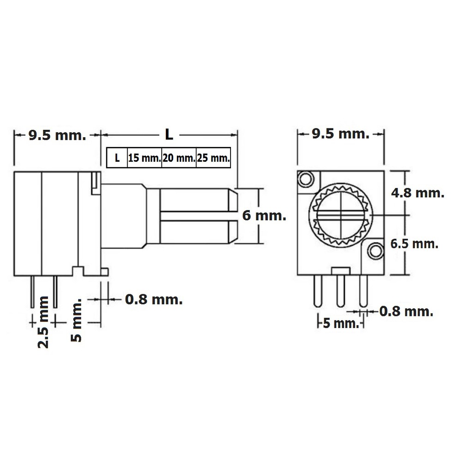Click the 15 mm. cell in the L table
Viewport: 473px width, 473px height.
click(145, 158)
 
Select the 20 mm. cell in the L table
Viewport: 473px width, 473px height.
click(179, 158)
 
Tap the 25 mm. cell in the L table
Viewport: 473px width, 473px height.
click(213, 158)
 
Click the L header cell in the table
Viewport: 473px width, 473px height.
click(117, 158)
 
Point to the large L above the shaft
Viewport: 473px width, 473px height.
click(169, 134)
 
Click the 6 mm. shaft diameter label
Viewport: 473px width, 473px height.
click(264, 216)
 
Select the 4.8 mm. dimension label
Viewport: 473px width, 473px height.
click(418, 193)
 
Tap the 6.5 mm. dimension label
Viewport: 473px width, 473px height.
click(414, 244)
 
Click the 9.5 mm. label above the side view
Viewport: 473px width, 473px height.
click(57, 135)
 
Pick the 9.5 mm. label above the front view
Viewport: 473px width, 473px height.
click(340, 133)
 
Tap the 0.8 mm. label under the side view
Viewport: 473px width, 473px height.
click(154, 299)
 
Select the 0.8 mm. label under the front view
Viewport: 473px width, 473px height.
click(406, 311)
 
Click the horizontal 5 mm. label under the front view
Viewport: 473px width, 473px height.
click(341, 323)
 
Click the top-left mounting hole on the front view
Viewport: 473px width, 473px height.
click(306, 179)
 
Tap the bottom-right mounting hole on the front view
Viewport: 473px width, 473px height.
click(376, 251)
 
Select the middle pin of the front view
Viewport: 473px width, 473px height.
click(340, 291)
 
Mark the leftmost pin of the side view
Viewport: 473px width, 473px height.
click(33, 292)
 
